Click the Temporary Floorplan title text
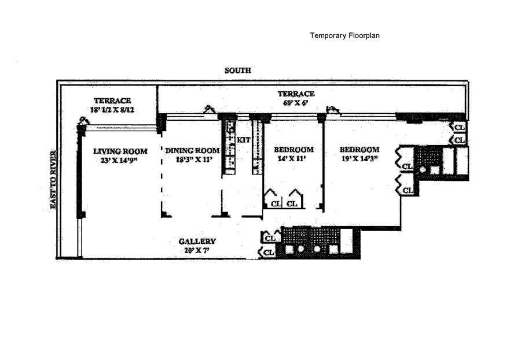coord(344,35)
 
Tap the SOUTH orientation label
coord(238,70)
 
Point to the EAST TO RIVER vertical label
coord(53,180)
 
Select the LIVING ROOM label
coord(120,151)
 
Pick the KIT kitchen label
coord(244,140)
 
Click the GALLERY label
coord(197,242)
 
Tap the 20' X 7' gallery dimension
coord(197,251)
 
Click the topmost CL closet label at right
coord(460,127)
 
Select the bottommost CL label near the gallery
coord(269,252)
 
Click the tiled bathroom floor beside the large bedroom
coord(431,157)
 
